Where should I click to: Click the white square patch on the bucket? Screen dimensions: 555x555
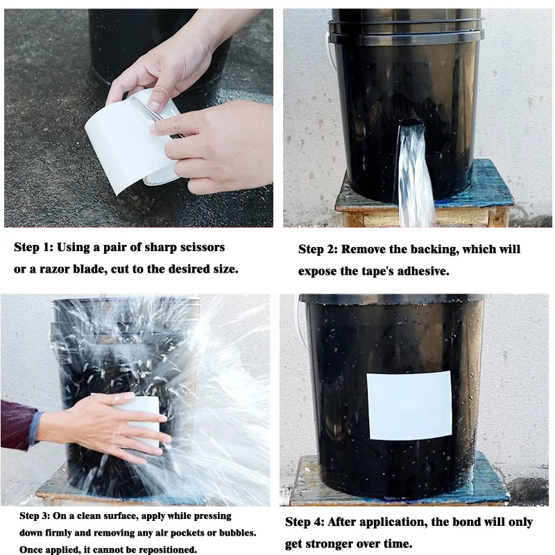pyautogui.click(x=409, y=405)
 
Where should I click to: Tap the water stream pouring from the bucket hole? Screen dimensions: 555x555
pyautogui.click(x=415, y=177)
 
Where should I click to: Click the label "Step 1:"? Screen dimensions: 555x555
pyautogui.click(x=33, y=247)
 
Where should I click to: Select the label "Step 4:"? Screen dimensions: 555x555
pyautogui.click(x=305, y=522)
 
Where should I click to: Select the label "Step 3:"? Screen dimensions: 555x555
pyautogui.click(x=35, y=516)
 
